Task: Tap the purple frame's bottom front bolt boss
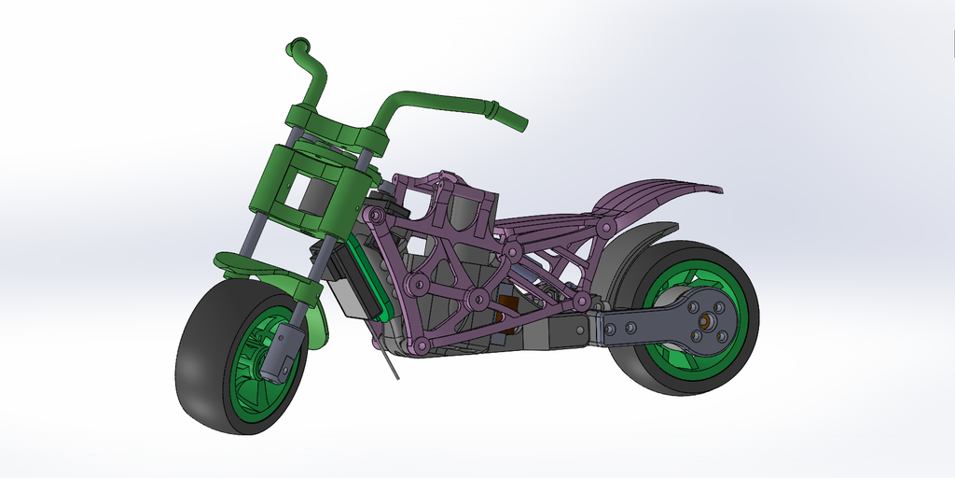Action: pos(422,346)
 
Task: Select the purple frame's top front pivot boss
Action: pos(375,216)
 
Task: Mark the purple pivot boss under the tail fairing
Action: pos(607,228)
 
